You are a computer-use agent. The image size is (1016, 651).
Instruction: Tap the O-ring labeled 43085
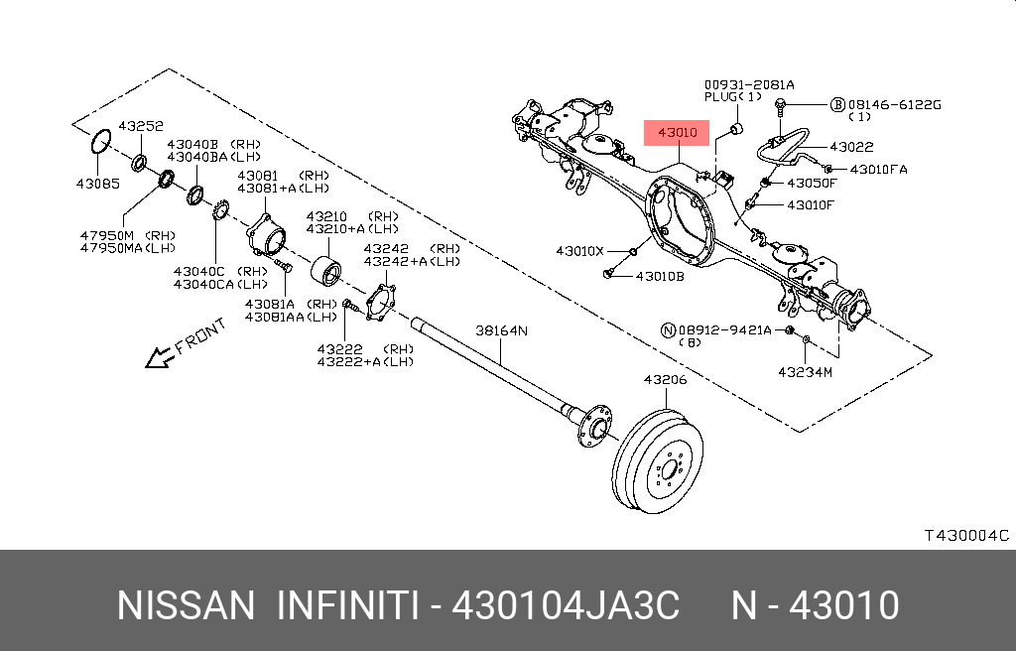[x=98, y=142]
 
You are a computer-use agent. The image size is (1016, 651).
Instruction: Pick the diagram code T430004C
[x=966, y=536]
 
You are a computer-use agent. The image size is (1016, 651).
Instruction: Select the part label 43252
[x=141, y=127]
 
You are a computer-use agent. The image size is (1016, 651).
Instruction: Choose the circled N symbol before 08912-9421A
[x=669, y=328]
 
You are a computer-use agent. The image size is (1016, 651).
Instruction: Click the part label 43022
[x=851, y=147]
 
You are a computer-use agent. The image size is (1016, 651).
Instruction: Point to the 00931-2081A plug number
[x=749, y=84]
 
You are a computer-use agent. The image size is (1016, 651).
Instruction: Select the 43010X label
[x=579, y=251]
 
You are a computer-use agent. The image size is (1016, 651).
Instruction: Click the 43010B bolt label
[x=660, y=276]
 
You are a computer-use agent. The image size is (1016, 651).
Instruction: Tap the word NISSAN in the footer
[x=186, y=605]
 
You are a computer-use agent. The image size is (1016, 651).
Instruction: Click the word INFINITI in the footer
[x=344, y=605]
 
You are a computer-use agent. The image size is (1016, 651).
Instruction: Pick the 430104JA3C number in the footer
[x=566, y=605]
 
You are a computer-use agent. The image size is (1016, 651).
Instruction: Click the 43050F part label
[x=812, y=184]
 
